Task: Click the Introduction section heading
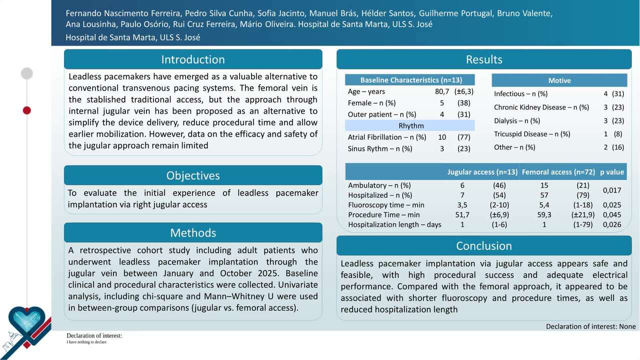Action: pyautogui.click(x=193, y=59)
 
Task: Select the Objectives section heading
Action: pyautogui.click(x=193, y=175)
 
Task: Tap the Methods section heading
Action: pyautogui.click(x=193, y=233)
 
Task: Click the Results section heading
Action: pyautogui.click(x=483, y=59)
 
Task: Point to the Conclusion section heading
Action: pyautogui.click(x=483, y=246)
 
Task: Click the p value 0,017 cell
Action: pyautogui.click(x=612, y=190)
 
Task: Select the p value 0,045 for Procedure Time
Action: pyautogui.click(x=612, y=215)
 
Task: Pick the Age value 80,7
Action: pyautogui.click(x=442, y=91)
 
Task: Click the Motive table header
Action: pyautogui.click(x=559, y=80)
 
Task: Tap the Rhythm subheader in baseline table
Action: pyautogui.click(x=411, y=126)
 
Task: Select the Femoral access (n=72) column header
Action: pyautogui.click(x=558, y=172)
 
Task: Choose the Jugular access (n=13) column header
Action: pyautogui.click(x=482, y=172)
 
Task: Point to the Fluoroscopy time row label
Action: pyautogui.click(x=386, y=205)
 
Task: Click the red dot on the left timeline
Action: pyautogui.click(x=27, y=110)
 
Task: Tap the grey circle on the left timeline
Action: pyautogui.click(x=27, y=73)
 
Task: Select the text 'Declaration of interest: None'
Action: pyautogui.click(x=590, y=326)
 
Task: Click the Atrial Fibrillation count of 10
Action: pyautogui.click(x=442, y=137)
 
